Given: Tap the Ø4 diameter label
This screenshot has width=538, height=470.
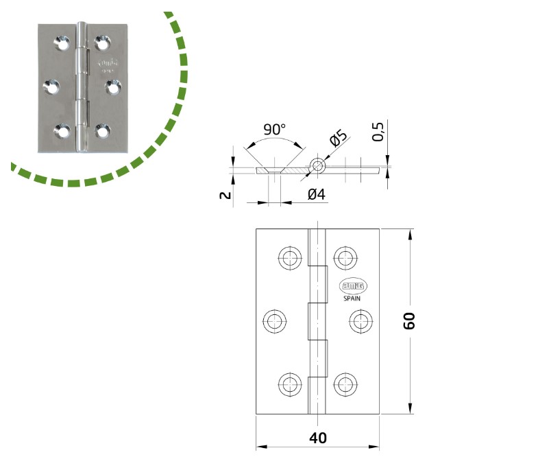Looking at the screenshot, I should pos(316,195).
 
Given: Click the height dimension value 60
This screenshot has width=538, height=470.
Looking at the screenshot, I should pos(409,321).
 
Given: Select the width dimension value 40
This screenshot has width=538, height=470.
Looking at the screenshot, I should pos(317,438).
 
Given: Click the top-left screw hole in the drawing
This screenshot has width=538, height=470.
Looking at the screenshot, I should pos(289,258).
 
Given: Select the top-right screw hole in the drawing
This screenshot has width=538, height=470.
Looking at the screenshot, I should pos(345,258).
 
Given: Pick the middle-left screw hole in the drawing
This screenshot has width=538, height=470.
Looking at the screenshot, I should pos(276,320).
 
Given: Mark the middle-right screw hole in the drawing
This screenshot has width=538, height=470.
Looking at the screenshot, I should pos(359,320).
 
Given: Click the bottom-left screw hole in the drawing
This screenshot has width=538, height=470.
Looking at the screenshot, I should pos(289,383).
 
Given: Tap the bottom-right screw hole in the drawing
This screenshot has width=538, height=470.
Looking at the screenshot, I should pos(345,383).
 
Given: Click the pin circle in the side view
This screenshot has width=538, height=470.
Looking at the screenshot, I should pos(317,165).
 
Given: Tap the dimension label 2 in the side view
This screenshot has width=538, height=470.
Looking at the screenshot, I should pos(223,196).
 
